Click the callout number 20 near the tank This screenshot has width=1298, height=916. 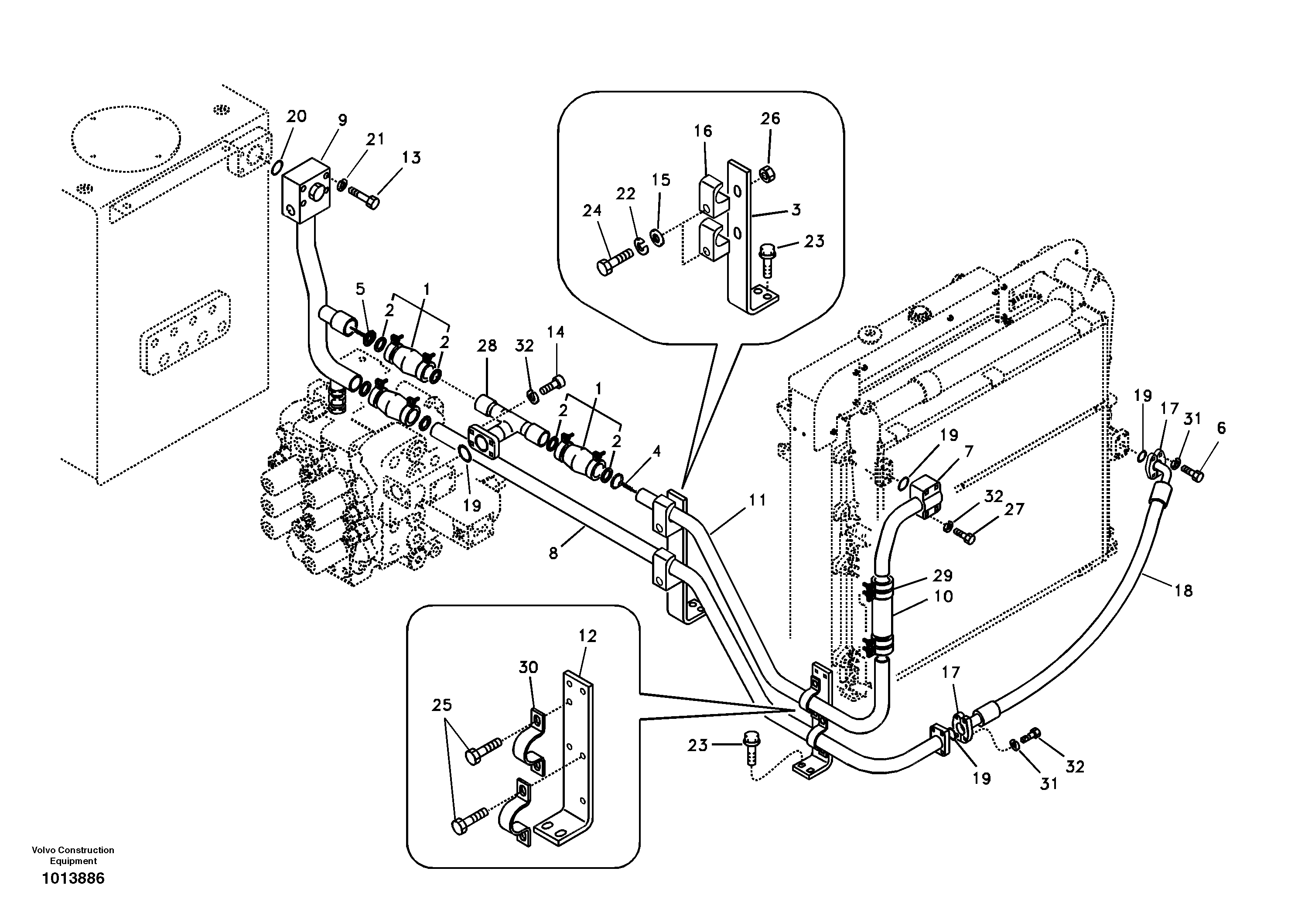(x=296, y=116)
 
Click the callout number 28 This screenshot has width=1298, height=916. (x=487, y=345)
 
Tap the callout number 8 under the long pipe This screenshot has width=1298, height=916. (x=553, y=553)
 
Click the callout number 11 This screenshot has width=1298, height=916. (x=757, y=500)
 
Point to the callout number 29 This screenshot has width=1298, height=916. (x=943, y=576)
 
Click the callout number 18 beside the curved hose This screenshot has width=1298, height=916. (x=1183, y=591)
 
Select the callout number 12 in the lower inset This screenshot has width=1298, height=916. (x=588, y=636)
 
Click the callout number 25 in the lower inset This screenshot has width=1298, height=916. (x=442, y=705)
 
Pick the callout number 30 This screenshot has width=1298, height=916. (x=528, y=667)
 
